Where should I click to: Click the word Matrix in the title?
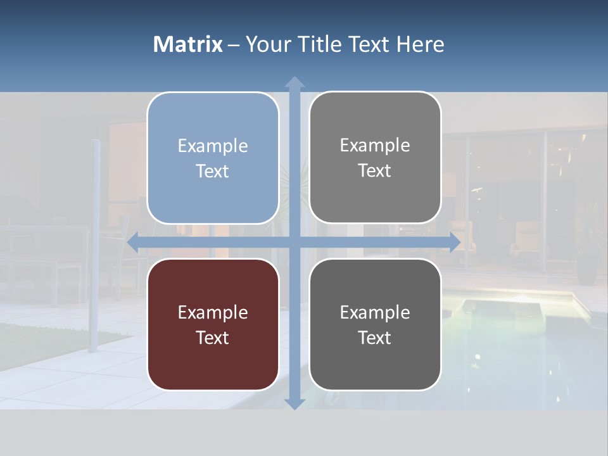coord(187,44)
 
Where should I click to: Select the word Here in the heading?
coord(420,44)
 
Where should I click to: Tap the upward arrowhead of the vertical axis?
coord(294,82)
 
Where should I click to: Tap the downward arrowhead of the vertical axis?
coord(294,403)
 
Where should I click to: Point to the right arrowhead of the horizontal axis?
coord(455,242)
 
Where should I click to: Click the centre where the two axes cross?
coord(294,242)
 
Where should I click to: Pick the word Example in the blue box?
coord(213,146)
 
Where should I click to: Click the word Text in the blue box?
coord(213,171)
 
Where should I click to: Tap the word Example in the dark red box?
coord(213,312)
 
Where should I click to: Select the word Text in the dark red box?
coord(213,338)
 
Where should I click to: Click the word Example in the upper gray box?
coord(375,145)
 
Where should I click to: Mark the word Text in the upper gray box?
coord(375,170)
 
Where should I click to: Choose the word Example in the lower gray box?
coord(375,312)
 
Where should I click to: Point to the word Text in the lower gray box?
coord(375,338)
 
